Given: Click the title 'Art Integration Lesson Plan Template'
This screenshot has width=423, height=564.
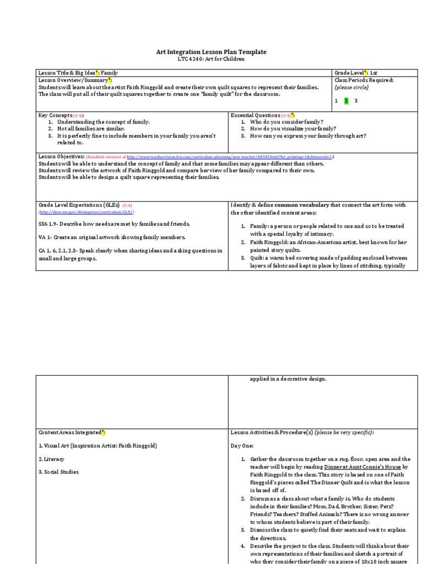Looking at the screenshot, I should (211, 52).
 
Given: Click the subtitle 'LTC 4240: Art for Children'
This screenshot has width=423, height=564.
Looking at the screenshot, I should (211, 58).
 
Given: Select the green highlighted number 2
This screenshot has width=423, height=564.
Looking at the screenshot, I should (346, 101).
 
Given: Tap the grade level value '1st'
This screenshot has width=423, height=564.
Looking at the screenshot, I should (374, 73).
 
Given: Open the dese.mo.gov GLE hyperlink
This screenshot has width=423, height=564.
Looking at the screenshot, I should (86, 212).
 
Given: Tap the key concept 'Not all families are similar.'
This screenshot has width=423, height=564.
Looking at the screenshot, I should (91, 128).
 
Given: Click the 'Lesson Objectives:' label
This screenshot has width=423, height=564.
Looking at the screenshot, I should (61, 156).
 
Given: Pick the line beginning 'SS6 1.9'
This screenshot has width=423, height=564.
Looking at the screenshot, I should (114, 224).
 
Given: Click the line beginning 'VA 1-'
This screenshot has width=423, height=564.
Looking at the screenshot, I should (112, 237).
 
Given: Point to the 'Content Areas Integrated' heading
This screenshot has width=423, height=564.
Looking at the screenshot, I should (69, 432).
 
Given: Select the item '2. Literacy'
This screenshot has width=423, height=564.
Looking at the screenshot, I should (51, 459).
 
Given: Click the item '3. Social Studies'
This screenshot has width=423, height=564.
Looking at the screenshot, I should (58, 472).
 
